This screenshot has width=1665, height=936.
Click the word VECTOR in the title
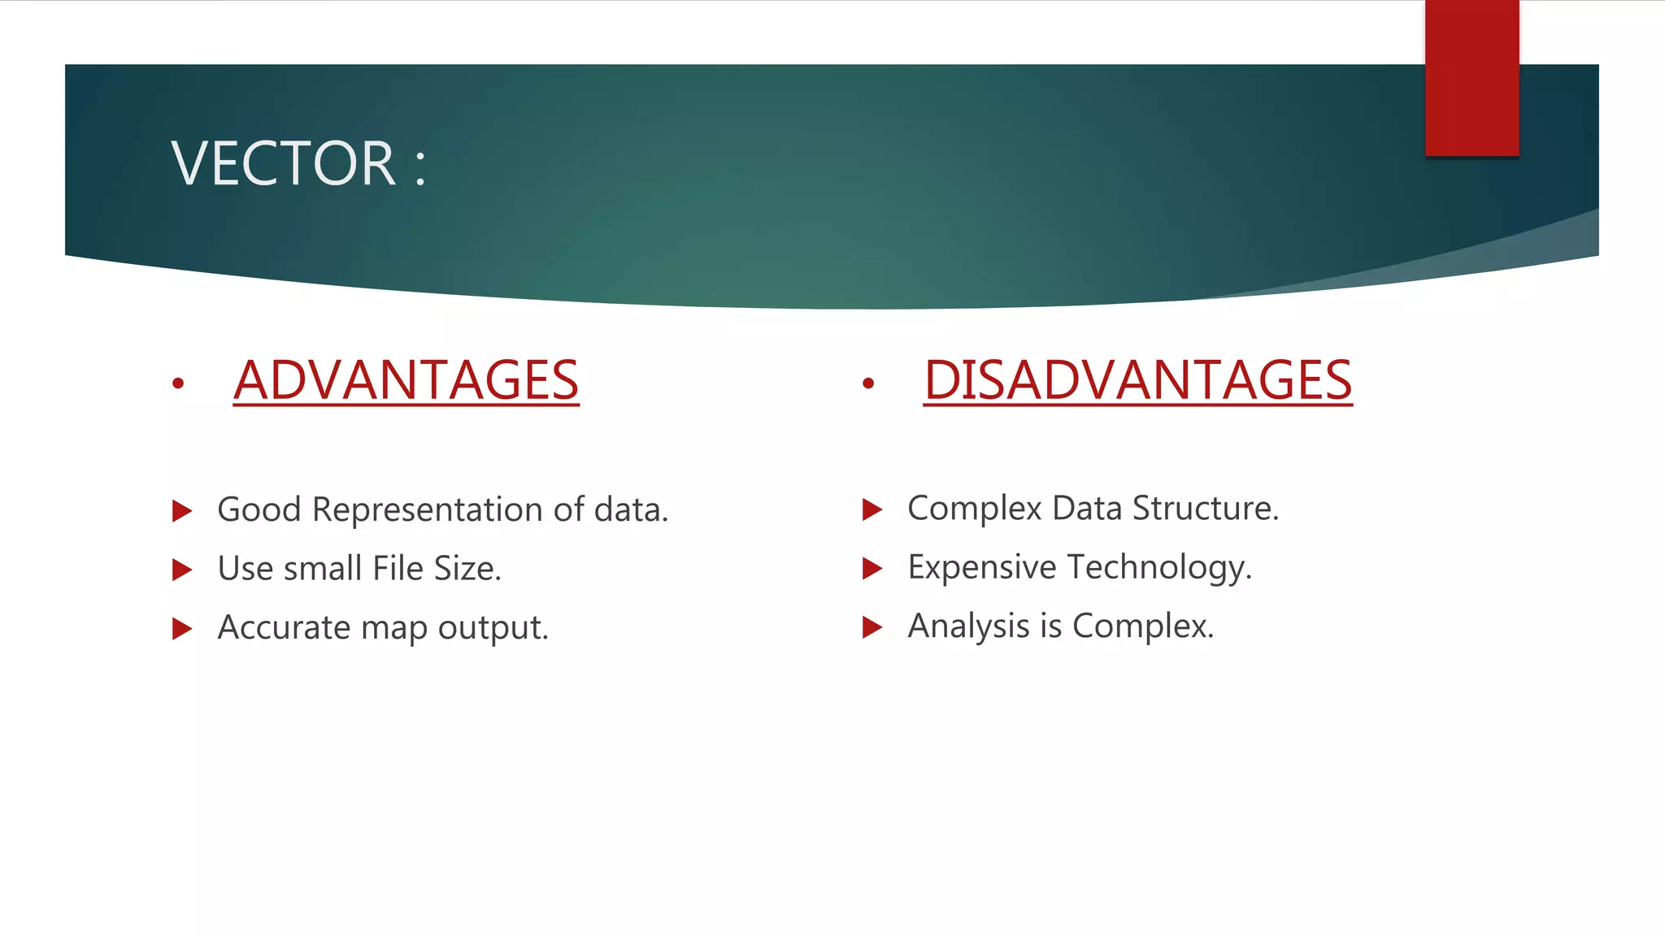coord(284,163)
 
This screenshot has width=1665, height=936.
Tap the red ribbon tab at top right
coord(1472,78)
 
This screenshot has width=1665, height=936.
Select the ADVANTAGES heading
coord(406,380)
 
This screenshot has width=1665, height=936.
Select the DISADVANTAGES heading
coord(1137,380)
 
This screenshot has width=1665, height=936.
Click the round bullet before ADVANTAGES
coord(178,383)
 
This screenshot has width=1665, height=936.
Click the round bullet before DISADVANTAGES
coord(868,383)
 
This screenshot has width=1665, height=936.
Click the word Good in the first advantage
coord(260,510)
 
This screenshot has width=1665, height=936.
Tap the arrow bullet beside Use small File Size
coord(182,570)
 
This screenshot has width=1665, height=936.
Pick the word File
coord(398,569)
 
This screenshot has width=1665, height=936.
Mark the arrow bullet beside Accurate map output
coord(182,629)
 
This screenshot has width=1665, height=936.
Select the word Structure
coord(1205,509)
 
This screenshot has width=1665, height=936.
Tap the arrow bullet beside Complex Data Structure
coord(872,509)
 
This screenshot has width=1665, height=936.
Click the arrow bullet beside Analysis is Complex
coord(872,627)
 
